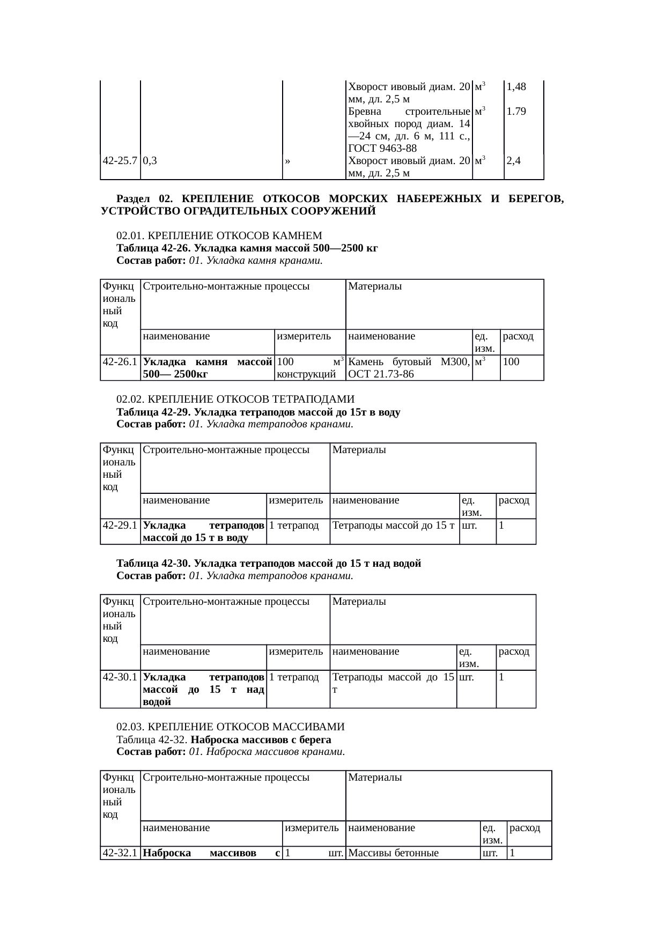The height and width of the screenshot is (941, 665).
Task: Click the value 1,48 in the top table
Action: pyautogui.click(x=516, y=86)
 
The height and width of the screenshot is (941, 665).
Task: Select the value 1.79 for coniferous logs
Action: pyautogui.click(x=516, y=112)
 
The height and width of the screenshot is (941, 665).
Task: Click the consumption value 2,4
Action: pyautogui.click(x=513, y=160)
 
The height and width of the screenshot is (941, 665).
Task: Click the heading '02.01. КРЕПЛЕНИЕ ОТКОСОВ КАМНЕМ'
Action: pyautogui.click(x=219, y=235)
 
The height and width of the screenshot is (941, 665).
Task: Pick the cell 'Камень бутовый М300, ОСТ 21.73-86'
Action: pyautogui.click(x=409, y=368)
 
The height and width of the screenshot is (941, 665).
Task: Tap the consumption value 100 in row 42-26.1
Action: pyautogui.click(x=511, y=362)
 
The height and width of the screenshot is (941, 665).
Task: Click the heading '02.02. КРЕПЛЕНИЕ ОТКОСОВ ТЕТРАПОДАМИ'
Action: pyautogui.click(x=235, y=399)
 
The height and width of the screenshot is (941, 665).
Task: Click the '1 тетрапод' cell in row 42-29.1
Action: pyautogui.click(x=294, y=525)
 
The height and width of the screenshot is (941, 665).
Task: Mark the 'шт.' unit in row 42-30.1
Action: pyautogui.click(x=467, y=677)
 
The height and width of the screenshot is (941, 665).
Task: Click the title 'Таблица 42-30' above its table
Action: pyautogui.click(x=153, y=564)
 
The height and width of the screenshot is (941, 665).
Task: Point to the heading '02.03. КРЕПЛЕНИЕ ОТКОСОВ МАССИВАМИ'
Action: pyautogui.click(x=230, y=727)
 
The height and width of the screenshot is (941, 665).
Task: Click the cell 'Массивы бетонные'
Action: pyautogui.click(x=394, y=853)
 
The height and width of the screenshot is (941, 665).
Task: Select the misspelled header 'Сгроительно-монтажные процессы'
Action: pyautogui.click(x=226, y=777)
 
